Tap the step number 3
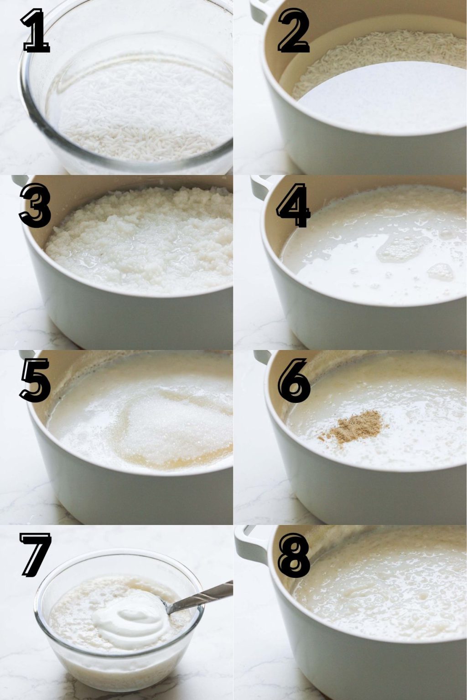pyautogui.click(x=35, y=206)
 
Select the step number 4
pyautogui.click(x=293, y=206)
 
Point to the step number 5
pyautogui.click(x=35, y=381)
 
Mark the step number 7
pyautogui.click(x=35, y=556)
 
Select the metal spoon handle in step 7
pyautogui.click(x=205, y=595)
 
